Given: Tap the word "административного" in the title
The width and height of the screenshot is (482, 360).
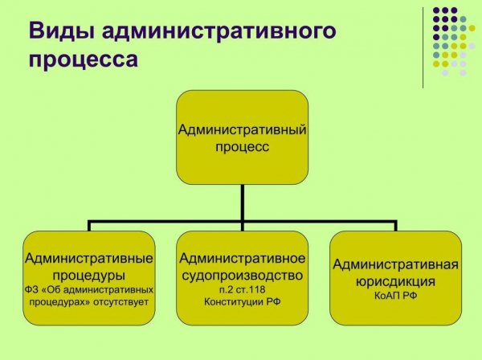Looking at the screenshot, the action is pos(219,31).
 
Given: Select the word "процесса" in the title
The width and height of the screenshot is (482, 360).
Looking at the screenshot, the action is pos(84,59).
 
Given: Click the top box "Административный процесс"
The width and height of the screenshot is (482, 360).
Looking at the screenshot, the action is pos(243,137).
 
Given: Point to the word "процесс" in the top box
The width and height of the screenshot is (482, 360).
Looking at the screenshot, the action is pos(243,147).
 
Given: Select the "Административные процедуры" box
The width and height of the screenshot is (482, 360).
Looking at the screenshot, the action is pos(89,278).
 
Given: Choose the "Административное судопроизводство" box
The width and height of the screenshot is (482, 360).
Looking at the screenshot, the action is pos(243,278).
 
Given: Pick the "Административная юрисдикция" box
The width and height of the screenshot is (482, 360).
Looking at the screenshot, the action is pos(395,278).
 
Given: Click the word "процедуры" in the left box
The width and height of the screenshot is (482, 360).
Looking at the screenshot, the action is pos(89,276).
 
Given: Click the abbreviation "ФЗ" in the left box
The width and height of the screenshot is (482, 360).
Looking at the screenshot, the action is pos(31,290).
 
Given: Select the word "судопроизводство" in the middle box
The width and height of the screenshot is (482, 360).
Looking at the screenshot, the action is pos(243,276).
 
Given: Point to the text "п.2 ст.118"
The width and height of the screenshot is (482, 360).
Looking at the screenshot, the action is pos(243,289).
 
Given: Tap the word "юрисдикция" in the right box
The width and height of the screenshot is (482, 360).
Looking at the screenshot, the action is pos(395,281).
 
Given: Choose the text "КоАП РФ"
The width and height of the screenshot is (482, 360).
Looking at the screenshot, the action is pos(395,296).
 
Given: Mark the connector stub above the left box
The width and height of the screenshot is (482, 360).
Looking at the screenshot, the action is pos(89,226).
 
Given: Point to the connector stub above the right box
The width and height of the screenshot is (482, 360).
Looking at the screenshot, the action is pos(395,226).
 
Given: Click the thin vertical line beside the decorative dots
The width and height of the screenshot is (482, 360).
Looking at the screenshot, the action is pos(423,47).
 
